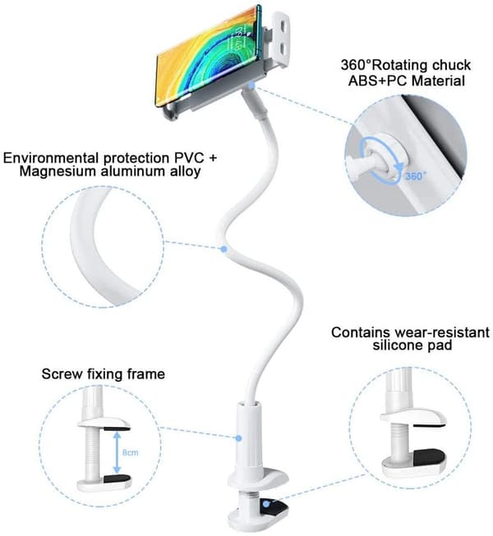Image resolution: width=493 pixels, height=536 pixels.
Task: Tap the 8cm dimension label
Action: [131, 452]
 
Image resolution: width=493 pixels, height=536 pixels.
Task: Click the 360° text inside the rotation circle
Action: [416, 176]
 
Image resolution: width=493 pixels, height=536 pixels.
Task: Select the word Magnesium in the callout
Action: [58, 171]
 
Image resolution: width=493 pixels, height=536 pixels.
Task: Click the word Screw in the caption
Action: [62, 373]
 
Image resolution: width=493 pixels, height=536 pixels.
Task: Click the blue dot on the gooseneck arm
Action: [223, 250]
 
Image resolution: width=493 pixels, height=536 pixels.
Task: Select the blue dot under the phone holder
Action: [251, 85]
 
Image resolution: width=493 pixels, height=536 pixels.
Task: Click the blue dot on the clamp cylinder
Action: [239, 438]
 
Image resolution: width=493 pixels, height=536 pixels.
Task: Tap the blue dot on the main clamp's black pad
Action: [266, 503]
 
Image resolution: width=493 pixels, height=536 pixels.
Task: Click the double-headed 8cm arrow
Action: [117, 452]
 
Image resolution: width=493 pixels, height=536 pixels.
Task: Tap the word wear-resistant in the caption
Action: [442, 332]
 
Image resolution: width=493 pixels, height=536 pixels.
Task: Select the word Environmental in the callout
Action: [51, 158]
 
